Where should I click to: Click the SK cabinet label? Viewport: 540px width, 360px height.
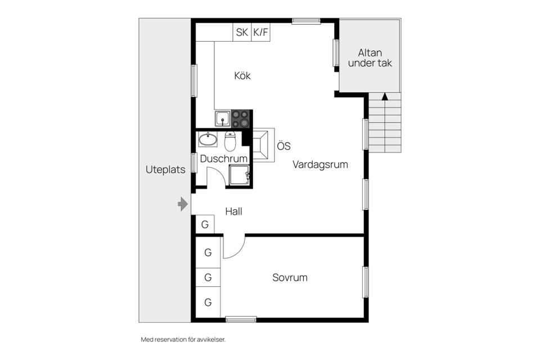click(242, 33)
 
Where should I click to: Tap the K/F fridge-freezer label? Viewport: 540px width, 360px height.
click(260, 33)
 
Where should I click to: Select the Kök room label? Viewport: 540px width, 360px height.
click(242, 75)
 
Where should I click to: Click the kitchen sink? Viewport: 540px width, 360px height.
click(223, 119)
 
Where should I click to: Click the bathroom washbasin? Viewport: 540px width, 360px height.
click(208, 139)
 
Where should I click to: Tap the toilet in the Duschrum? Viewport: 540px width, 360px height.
click(229, 141)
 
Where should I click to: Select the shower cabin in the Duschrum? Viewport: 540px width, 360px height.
click(240, 175)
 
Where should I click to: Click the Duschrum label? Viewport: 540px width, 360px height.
click(224, 159)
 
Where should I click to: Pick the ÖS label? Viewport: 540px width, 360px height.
click(283, 146)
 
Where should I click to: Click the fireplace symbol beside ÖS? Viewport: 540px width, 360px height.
click(263, 145)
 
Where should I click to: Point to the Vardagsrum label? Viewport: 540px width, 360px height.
click(320, 164)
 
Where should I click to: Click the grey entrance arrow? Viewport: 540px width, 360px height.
click(183, 204)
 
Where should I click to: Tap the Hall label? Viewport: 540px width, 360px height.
click(234, 211)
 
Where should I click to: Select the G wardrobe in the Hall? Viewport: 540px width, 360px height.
click(205, 224)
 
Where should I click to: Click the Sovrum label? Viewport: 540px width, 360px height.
click(290, 278)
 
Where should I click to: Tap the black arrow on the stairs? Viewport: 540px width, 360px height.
click(385, 96)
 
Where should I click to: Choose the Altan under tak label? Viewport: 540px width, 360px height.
click(370, 58)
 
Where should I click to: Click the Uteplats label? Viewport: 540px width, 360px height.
click(165, 169)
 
